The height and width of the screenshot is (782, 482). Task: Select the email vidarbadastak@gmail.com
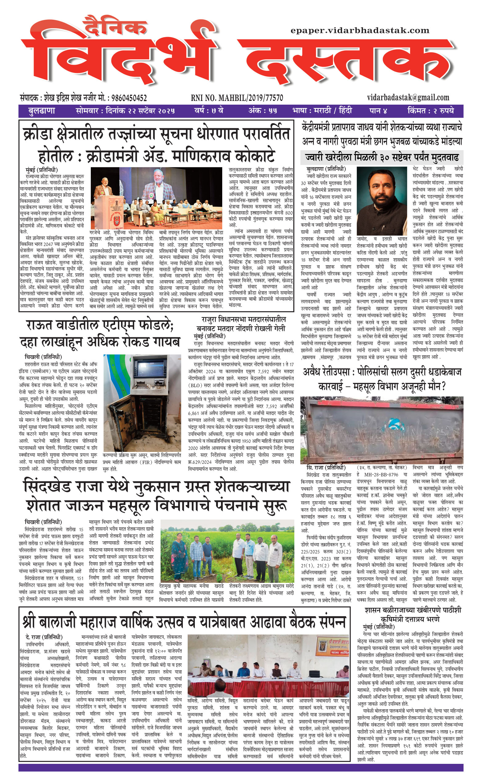click(x=408, y=98)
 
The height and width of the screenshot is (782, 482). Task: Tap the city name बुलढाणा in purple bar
click(x=42, y=111)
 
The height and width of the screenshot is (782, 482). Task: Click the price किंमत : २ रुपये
click(x=430, y=111)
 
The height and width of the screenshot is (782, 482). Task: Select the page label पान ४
click(x=378, y=111)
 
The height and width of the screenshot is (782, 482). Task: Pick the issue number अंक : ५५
click(x=263, y=111)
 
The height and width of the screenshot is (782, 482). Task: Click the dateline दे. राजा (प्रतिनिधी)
click(x=44, y=637)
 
